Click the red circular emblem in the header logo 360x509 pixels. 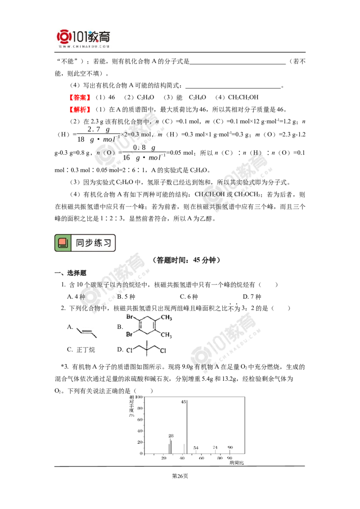(x=64, y=36)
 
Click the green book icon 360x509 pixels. (x=63, y=243)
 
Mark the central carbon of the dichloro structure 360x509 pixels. (x=148, y=350)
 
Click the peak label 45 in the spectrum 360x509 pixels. (x=184, y=402)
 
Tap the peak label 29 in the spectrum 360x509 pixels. (x=170, y=435)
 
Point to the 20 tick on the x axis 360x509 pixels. (x=165, y=458)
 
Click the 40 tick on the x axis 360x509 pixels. (x=183, y=458)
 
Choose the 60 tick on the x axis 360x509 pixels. (x=201, y=458)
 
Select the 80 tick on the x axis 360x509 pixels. (x=220, y=458)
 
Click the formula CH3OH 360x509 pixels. (x=214, y=194)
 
